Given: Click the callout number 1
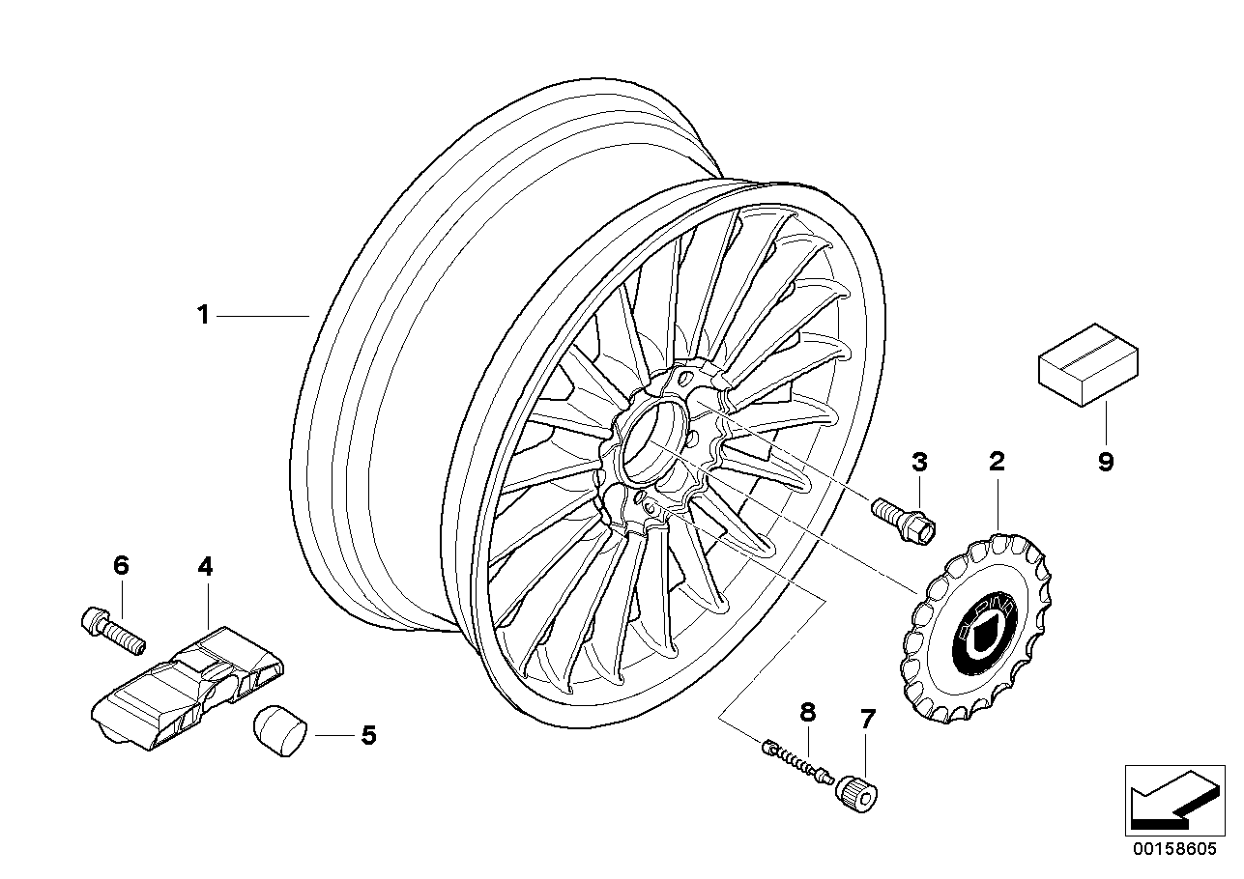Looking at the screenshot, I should coord(203,315).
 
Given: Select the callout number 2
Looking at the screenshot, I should coord(996,461).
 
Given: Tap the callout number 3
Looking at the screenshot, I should coord(919,462).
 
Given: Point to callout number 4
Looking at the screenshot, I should coord(204,566).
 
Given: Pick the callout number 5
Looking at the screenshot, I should coord(367,735).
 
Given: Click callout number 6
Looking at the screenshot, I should coord(121,566).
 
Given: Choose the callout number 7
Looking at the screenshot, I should coord(867,718).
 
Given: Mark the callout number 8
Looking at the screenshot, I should coord(807,713).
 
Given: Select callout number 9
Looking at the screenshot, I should coord(1106,462).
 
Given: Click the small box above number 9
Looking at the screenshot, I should coord(1087,363).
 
